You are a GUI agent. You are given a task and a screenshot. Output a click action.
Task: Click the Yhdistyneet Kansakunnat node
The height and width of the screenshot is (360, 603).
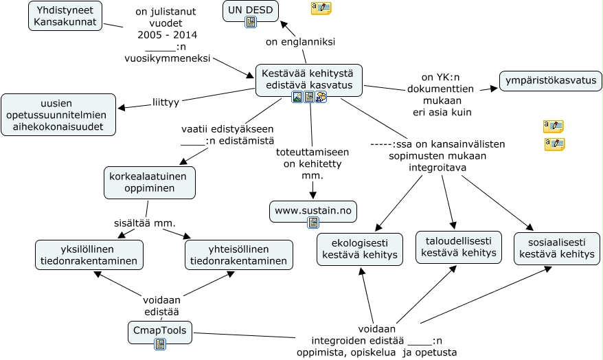(66, 16)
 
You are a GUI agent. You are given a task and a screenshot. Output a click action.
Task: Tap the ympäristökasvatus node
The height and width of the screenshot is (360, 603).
(551, 80)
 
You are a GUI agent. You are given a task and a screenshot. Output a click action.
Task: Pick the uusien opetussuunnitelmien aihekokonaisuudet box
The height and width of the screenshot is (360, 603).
(58, 114)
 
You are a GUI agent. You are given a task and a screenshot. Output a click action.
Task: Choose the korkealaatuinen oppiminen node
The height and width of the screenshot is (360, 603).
(150, 182)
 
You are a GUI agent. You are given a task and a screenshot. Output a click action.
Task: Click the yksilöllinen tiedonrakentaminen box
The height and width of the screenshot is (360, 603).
(90, 255)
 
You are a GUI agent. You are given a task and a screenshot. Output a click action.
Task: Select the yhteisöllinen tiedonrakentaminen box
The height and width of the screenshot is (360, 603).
(239, 255)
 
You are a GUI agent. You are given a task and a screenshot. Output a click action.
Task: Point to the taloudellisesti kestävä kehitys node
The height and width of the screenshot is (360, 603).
(459, 247)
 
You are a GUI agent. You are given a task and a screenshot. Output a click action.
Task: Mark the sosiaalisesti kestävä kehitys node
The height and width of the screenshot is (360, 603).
(557, 248)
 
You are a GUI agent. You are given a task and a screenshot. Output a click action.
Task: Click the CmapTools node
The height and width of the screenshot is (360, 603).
(160, 330)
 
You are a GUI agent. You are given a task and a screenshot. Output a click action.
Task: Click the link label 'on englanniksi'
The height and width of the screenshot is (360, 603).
(300, 42)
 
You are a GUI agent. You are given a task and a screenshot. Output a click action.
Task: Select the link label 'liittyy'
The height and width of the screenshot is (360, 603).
(166, 102)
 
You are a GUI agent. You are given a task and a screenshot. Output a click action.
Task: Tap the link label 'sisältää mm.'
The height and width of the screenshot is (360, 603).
(145, 223)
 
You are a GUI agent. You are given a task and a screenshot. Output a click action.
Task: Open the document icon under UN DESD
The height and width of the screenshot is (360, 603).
(251, 22)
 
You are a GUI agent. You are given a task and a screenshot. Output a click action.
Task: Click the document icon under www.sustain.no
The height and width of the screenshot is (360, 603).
(313, 222)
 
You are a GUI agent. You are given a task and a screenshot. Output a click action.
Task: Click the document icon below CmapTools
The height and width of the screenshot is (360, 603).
(160, 344)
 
